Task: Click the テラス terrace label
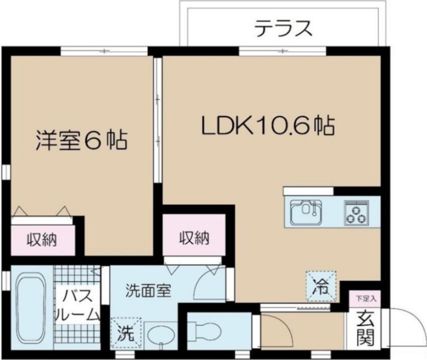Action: point(283,29)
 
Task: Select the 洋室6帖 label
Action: point(81,142)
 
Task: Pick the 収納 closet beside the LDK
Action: point(193,237)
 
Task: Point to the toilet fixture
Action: point(203,329)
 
